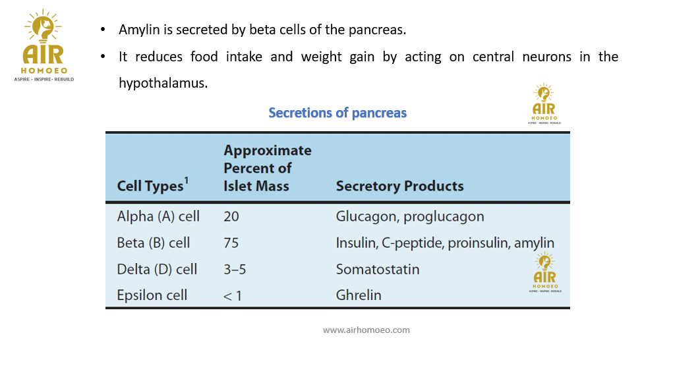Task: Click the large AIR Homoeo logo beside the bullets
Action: (x=44, y=45)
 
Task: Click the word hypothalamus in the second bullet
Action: (x=163, y=83)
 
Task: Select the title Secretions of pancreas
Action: (x=337, y=113)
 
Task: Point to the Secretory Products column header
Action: (x=399, y=186)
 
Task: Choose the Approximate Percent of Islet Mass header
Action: (x=268, y=168)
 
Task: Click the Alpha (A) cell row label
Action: (x=158, y=216)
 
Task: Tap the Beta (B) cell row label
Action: (x=153, y=243)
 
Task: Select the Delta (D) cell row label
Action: (x=157, y=269)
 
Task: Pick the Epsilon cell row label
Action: (x=152, y=295)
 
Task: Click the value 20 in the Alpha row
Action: (x=231, y=216)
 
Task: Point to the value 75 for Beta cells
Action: (x=231, y=243)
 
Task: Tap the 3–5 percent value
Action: (x=235, y=270)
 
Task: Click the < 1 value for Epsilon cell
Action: (x=233, y=296)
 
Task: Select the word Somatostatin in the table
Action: (x=378, y=269)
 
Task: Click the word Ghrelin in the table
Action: (x=359, y=295)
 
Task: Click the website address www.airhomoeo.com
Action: (x=366, y=330)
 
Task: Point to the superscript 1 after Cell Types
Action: (x=187, y=180)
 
